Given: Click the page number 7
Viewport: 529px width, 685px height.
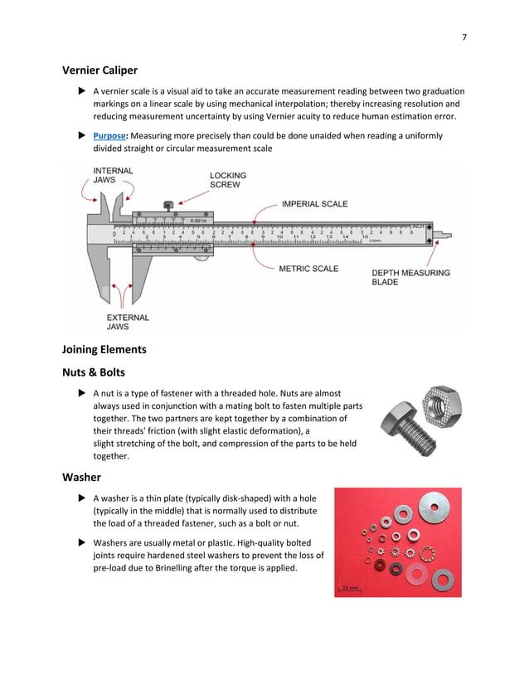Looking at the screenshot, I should pos(464,36).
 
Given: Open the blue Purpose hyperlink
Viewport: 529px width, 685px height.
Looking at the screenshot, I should pos(111,135).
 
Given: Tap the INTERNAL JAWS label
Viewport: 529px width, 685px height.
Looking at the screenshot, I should pos(112,175).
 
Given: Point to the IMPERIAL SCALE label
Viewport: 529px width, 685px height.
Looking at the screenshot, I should pos(314,204).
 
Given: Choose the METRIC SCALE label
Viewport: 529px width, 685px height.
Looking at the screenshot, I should pos(308,269).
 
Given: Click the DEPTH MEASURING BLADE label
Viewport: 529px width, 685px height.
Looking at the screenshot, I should pos(410,277).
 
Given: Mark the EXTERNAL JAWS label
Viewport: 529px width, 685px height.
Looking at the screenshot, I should pos(128,322).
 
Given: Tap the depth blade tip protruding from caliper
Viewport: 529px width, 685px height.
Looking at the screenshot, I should pos(446,236).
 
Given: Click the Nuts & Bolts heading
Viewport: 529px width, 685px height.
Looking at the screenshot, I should pos(96,372).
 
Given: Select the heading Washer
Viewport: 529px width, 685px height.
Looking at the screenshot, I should pos(81,478).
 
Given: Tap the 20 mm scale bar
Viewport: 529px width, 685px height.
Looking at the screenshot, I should pos(349,590).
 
